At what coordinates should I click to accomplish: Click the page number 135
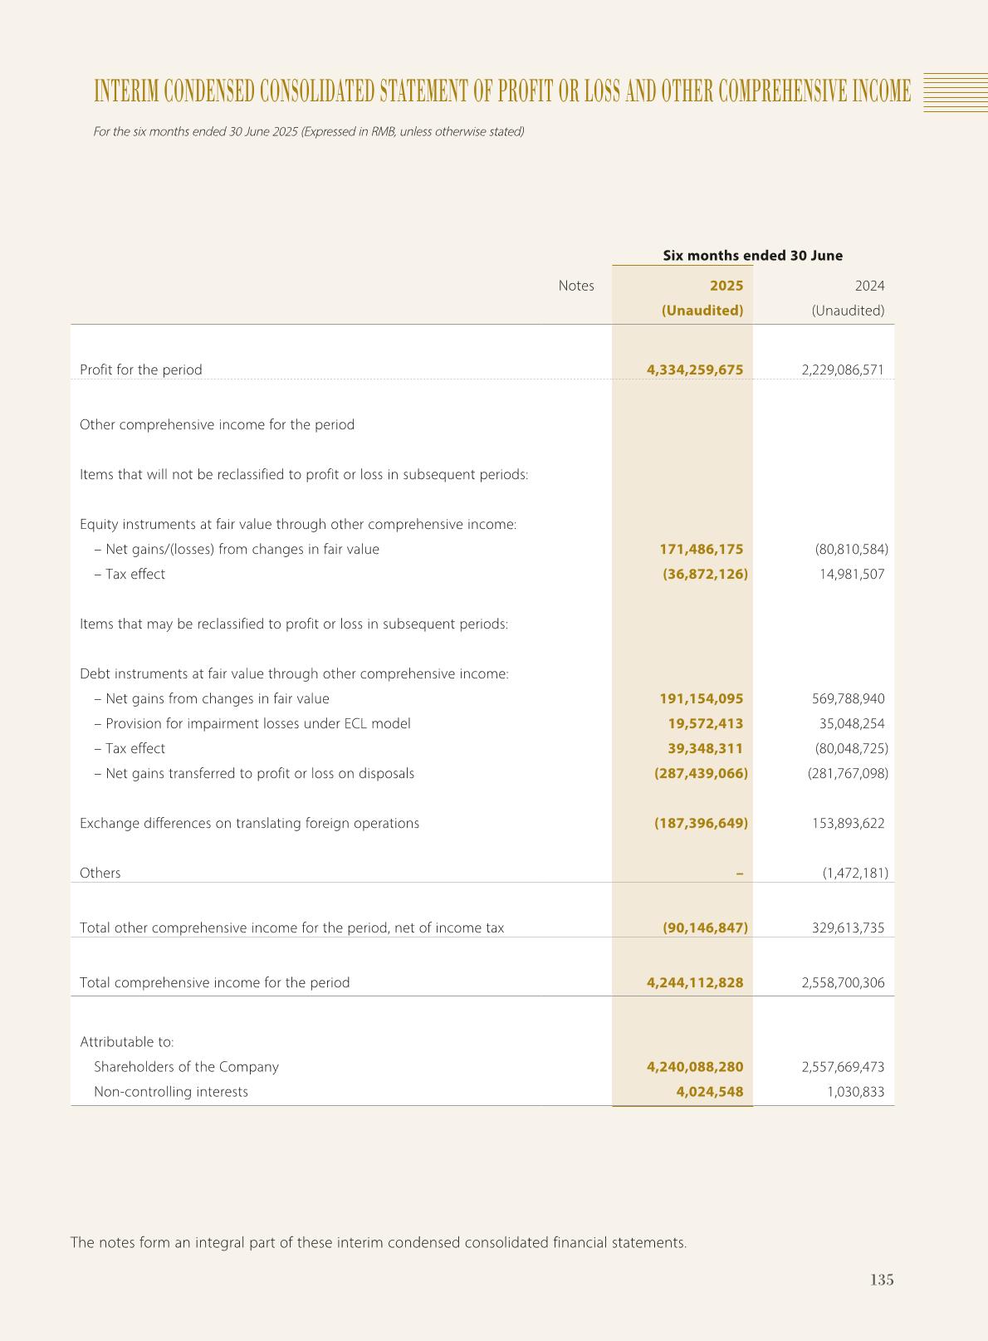882,1280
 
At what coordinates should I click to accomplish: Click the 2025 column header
726,286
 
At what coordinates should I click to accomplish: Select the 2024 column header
869,286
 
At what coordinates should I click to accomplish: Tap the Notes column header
575,286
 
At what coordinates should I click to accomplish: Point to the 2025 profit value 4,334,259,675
694,370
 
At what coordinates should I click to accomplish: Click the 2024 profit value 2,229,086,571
843,370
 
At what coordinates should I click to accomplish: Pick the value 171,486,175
701,549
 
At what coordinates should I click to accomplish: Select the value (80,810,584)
851,549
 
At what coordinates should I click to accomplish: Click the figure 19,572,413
705,723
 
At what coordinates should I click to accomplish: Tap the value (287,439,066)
701,773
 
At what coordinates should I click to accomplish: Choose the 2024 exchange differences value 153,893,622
848,823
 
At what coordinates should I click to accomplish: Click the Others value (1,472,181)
855,873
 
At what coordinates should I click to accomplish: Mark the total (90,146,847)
705,927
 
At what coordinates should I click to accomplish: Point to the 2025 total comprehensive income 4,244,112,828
694,982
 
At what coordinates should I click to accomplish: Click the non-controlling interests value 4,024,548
709,1091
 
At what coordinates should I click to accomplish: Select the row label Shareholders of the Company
186,1066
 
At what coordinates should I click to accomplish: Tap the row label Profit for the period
140,370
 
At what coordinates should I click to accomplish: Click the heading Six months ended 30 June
752,256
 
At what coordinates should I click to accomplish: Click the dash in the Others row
739,873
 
